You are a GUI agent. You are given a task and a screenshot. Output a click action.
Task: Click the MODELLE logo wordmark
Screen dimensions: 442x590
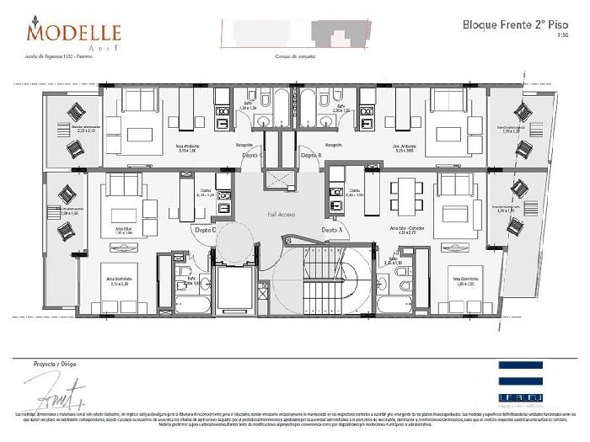pos(73,33)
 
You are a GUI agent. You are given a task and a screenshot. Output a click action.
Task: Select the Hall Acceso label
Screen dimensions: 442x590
pos(280,214)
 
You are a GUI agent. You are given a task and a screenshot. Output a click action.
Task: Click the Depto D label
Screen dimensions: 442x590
pos(205,229)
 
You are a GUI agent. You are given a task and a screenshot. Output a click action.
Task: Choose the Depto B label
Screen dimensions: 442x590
pos(310,156)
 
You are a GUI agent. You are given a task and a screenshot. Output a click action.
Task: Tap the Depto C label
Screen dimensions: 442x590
pos(252,156)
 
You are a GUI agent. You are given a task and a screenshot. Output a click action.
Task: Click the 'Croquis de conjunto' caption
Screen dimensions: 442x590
pos(294,56)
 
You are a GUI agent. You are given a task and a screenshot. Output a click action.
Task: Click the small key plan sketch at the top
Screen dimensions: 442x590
pos(294,33)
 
